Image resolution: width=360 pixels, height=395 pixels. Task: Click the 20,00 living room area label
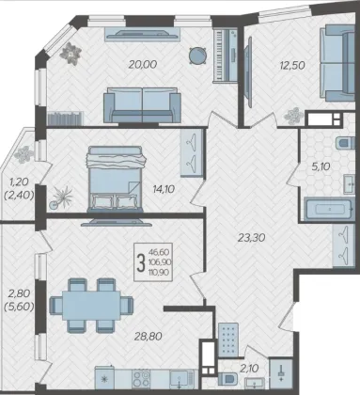tap(143, 65)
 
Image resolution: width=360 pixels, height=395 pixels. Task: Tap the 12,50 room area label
tap(292, 66)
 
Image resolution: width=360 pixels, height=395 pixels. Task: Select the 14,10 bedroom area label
tap(164, 189)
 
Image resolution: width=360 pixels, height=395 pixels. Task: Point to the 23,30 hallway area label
tap(251, 238)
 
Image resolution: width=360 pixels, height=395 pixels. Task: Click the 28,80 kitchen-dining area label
tap(149, 337)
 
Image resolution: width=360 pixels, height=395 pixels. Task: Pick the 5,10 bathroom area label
tap(321, 166)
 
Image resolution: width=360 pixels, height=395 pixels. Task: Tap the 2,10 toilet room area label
tap(249, 369)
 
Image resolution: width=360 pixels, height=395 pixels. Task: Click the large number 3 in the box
tap(141, 262)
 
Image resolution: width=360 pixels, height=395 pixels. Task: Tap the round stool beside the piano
tap(198, 55)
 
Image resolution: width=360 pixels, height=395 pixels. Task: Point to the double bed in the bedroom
tap(116, 179)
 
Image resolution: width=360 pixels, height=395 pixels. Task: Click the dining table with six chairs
tap(91, 305)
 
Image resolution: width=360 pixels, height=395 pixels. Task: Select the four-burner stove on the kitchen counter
tap(141, 378)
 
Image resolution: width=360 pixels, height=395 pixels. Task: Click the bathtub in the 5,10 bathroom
tap(329, 209)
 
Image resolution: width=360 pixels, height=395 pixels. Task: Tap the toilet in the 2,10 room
tap(227, 378)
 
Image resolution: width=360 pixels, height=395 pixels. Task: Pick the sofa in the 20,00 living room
tap(142, 105)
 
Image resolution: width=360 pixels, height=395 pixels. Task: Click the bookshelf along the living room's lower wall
tap(66, 118)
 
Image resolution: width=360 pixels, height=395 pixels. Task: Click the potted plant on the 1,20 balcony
tap(24, 154)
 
